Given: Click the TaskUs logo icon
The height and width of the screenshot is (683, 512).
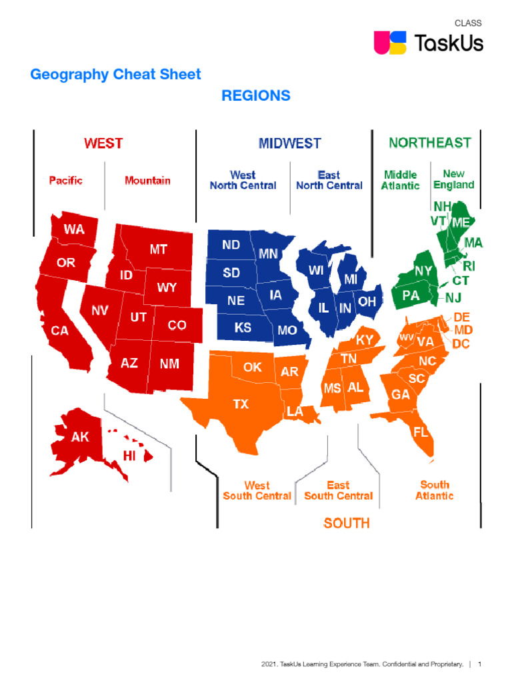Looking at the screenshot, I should point(390,42).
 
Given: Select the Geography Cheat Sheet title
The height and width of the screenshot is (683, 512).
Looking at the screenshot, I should point(115,74).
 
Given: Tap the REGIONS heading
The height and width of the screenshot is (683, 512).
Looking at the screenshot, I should point(256,95).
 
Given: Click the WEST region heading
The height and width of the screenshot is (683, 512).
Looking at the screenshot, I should point(103,143).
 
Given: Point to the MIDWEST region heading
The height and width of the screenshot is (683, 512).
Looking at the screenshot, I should point(289,143).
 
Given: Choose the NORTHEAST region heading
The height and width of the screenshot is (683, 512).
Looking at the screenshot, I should point(429,143).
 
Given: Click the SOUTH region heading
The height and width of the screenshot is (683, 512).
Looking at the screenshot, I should point(347,523).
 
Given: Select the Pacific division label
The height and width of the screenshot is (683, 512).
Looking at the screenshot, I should point(66,180).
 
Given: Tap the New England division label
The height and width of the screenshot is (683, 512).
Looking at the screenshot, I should point(453,179).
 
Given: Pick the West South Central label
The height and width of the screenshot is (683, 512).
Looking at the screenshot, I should point(257,490).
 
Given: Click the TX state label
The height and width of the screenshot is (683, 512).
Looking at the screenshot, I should point(240,404).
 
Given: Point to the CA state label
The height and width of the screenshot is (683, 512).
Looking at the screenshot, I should point(60,330).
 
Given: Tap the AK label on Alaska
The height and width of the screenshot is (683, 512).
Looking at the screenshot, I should point(80,438).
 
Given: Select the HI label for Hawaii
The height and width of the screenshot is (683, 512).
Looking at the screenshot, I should point(131,456).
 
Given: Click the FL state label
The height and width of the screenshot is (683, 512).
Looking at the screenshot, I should point(420,432).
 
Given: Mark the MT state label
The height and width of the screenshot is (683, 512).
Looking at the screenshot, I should point(158,249).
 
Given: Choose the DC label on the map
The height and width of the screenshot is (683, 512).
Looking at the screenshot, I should point(461,344).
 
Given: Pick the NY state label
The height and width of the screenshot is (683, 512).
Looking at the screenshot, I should point(423,271).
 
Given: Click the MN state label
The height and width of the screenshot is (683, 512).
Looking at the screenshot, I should point(268,254).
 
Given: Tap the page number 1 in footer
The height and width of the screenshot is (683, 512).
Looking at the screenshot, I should point(480,664).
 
